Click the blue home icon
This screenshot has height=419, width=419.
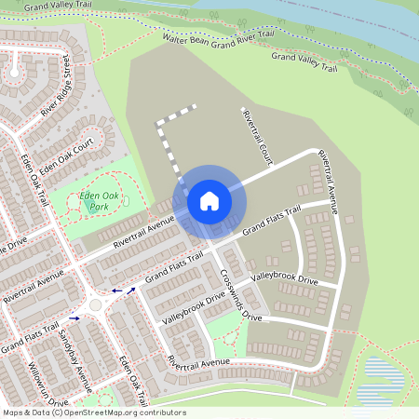pos(209,200)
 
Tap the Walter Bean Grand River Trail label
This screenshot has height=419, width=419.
pos(219,38)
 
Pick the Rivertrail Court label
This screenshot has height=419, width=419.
pos(255,138)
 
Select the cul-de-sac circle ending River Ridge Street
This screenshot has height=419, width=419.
pos(15,70)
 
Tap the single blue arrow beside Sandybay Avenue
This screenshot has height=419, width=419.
pos(74,318)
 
